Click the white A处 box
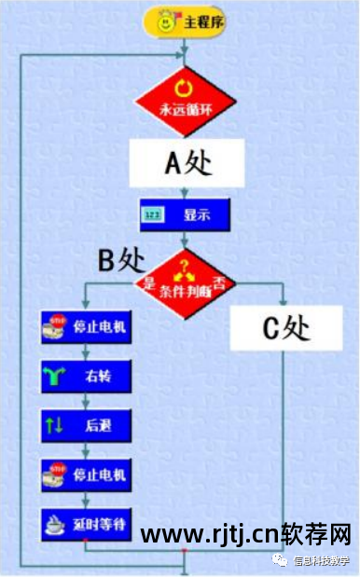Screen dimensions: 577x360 pyautogui.click(x=187, y=164)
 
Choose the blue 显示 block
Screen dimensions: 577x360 pyautogui.click(x=185, y=215)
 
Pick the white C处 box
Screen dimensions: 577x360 pyautogui.click(x=284, y=328)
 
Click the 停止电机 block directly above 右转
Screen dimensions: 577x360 pyautogui.click(x=86, y=328)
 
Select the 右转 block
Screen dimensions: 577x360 pyautogui.click(x=86, y=377)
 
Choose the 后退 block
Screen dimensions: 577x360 pyautogui.click(x=86, y=425)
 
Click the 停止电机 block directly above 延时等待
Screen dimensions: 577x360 pyautogui.click(x=86, y=474)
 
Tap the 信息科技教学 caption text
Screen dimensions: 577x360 pyautogui.click(x=321, y=560)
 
